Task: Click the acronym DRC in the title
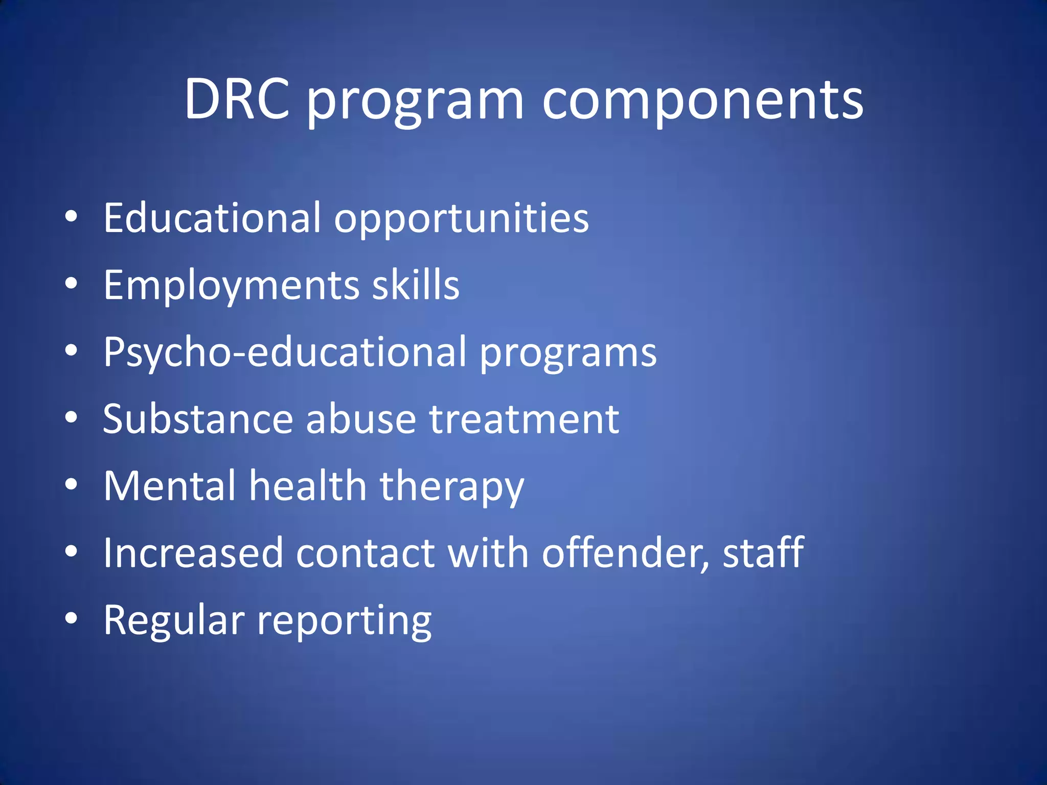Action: [237, 100]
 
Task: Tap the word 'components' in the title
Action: [702, 101]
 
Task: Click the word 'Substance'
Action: [198, 419]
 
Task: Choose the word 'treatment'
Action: [524, 420]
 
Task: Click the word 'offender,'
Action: [626, 553]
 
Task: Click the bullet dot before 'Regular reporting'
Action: [71, 619]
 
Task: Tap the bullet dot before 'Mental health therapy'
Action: [71, 484]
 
